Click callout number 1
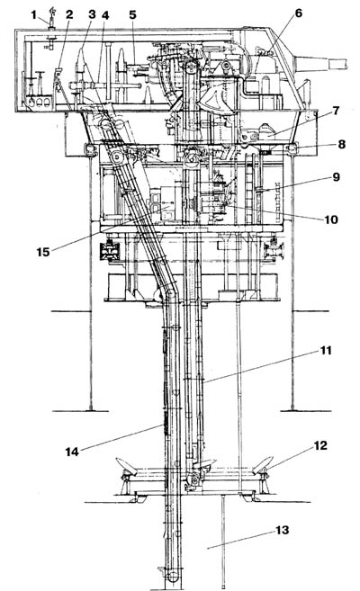34,15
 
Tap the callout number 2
69,15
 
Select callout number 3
92,14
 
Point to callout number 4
105,15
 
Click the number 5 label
132,14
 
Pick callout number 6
299,13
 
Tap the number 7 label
336,111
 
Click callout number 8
341,144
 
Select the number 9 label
336,177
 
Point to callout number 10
331,219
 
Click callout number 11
326,351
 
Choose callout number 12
320,445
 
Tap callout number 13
283,531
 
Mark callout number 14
72,452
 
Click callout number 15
43,252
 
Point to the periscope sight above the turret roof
51,17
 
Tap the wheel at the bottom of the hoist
173,576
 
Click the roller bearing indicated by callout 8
292,149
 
